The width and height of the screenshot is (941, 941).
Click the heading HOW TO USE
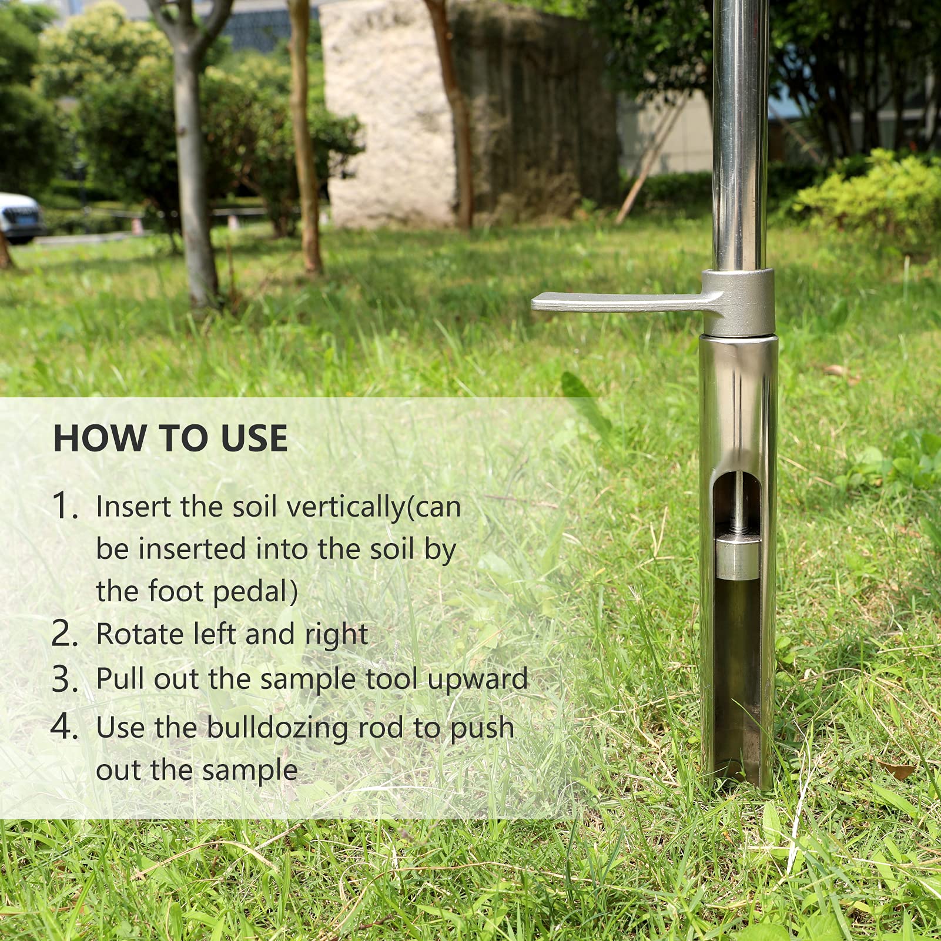point(170,438)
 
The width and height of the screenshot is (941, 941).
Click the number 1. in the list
point(65,506)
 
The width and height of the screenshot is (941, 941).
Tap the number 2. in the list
point(65,634)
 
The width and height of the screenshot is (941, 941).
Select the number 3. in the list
point(65,679)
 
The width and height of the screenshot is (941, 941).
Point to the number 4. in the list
point(65,727)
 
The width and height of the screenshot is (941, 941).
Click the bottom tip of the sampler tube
point(738,785)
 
